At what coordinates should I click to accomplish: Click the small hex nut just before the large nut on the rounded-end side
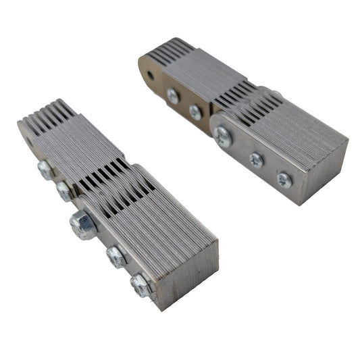pos(64,191)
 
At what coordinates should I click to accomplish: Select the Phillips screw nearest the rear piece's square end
pos(284,180)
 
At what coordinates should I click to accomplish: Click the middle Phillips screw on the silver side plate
pos(256,161)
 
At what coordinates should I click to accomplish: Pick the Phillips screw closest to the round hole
pos(173,96)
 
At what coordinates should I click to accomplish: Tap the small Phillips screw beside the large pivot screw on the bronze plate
pos(195,111)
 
